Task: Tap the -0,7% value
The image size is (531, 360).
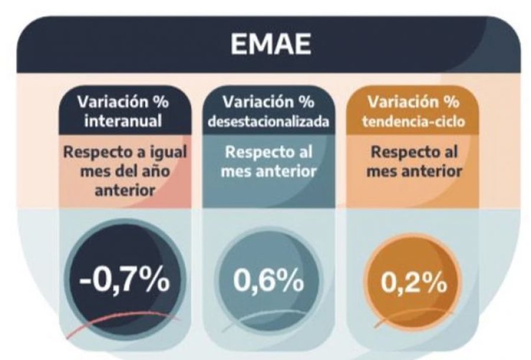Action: (x=124, y=282)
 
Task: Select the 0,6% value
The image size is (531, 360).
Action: (x=268, y=282)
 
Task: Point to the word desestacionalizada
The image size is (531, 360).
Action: (x=268, y=120)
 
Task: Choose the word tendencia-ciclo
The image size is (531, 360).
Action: (x=413, y=120)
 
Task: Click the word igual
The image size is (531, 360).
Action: (x=168, y=152)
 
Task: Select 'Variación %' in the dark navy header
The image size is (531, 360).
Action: (x=124, y=102)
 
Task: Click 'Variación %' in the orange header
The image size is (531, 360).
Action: (x=413, y=102)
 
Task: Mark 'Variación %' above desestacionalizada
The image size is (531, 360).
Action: (x=268, y=102)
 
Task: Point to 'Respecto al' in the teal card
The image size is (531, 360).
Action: (x=268, y=152)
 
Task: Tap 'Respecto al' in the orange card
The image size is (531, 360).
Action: (x=413, y=152)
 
